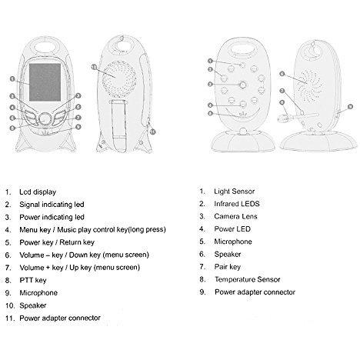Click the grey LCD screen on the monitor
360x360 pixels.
[x=45, y=82]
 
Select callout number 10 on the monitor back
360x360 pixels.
[x=94, y=67]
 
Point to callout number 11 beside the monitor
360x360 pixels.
[x=153, y=132]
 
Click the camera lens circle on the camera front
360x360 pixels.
[x=243, y=85]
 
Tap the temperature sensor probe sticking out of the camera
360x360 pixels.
[x=298, y=117]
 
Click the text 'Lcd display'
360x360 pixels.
[x=38, y=192]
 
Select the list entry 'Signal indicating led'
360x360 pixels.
[x=52, y=205]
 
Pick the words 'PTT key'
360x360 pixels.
[x=33, y=280]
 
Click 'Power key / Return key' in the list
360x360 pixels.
[x=57, y=242]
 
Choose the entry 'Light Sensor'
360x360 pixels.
[x=235, y=192]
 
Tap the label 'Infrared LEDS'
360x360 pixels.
[x=237, y=204]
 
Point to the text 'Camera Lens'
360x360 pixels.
[x=235, y=216]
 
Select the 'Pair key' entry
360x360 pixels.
[x=228, y=267]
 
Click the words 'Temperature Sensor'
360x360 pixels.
[x=248, y=279]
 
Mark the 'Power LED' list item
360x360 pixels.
[x=232, y=229]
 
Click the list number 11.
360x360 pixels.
[x=9, y=318]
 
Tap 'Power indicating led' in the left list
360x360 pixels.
[x=52, y=217]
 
